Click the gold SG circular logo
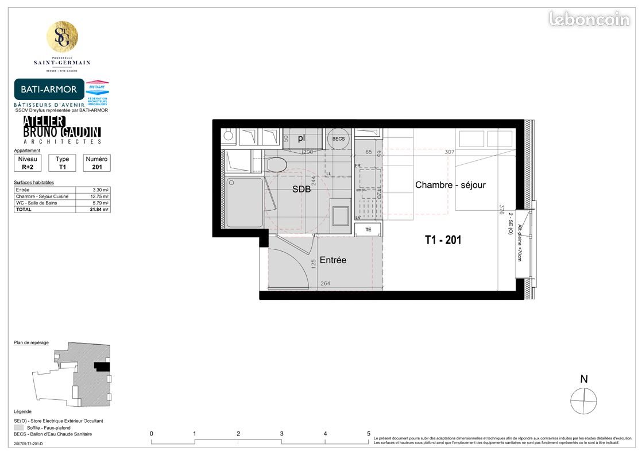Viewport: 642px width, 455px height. pyautogui.click(x=62, y=37)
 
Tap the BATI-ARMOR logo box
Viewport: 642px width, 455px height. pyautogui.click(x=49, y=90)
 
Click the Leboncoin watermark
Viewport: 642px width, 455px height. pyautogui.click(x=589, y=19)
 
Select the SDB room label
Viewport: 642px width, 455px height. pyautogui.click(x=301, y=189)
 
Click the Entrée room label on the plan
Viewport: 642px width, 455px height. pyautogui.click(x=333, y=260)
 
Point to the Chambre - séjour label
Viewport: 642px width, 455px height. pyautogui.click(x=450, y=185)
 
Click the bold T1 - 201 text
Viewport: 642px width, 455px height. pyautogui.click(x=443, y=240)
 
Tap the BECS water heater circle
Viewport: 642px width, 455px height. pyautogui.click(x=338, y=138)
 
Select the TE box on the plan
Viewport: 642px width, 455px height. pyautogui.click(x=368, y=230)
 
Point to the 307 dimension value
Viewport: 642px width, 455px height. pyautogui.click(x=450, y=153)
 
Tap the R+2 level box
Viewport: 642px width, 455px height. pyautogui.click(x=28, y=163)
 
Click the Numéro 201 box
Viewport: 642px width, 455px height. pyautogui.click(x=96, y=163)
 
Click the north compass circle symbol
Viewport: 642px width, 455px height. pyautogui.click(x=583, y=399)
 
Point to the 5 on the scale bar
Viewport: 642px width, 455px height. pyautogui.click(x=369, y=434)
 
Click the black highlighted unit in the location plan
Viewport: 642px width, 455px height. pyautogui.click(x=102, y=365)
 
